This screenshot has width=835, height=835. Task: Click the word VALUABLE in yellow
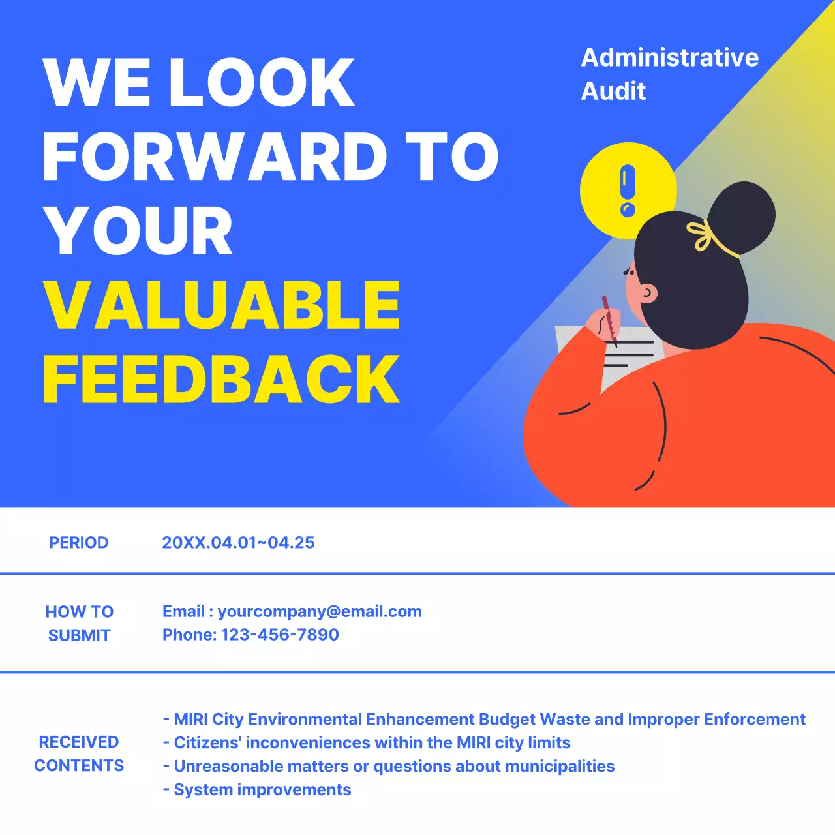tap(222, 305)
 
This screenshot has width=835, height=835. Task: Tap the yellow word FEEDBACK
tap(222, 379)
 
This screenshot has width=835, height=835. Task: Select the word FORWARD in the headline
tap(215, 157)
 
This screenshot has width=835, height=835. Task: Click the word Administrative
tap(670, 57)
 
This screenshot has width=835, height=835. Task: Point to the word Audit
tap(613, 91)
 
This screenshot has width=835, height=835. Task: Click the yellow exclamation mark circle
tap(628, 190)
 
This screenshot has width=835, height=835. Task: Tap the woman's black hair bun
tap(742, 217)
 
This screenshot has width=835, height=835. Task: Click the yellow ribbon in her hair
tap(703, 235)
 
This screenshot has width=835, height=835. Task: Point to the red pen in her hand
tap(609, 320)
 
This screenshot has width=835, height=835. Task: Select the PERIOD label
tap(79, 543)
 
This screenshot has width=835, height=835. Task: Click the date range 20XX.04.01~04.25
tap(238, 543)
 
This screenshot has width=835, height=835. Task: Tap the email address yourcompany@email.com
tap(320, 611)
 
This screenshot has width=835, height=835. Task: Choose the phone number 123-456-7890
tap(280, 635)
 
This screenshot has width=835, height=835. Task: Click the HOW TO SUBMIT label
tap(80, 623)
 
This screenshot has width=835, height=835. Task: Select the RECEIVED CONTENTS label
tap(79, 753)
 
